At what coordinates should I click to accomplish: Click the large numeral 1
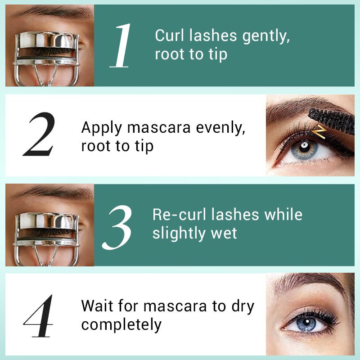pos(120,45)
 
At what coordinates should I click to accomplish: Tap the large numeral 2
pos(40,134)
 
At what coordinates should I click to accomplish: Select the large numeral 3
pos(117,227)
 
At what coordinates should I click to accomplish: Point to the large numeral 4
pos(39,316)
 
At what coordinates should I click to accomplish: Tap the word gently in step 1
pos(266,37)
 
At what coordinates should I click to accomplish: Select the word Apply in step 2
pos(102,128)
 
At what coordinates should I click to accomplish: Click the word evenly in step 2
pos(220,128)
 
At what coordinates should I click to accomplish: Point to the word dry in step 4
pos(243,307)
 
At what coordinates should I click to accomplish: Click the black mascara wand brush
pos(332,120)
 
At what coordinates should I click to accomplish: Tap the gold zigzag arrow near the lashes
pos(319,132)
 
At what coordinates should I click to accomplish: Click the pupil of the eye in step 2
pos(305,145)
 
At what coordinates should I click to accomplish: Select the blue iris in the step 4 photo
pos(306,323)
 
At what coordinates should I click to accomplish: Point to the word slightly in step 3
pos(179,234)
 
